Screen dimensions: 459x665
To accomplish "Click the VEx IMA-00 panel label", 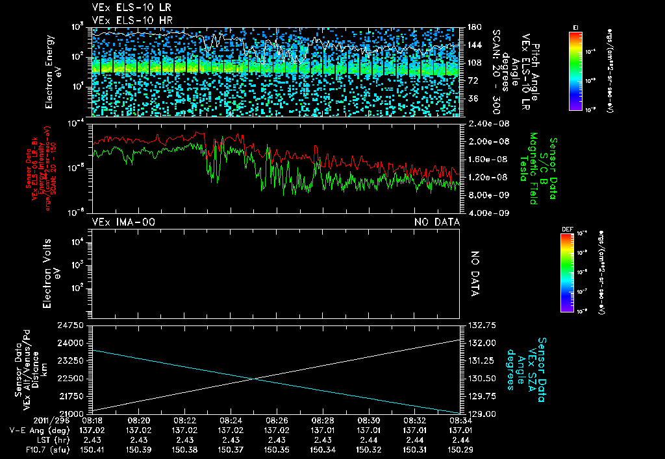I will coord(123,222).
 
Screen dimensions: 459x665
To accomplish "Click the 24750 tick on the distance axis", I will coord(72,325).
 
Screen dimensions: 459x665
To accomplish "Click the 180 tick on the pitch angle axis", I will coord(473,27).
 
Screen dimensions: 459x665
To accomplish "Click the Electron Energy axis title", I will coord(51,73).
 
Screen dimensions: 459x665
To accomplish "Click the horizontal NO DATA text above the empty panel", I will coord(437,222).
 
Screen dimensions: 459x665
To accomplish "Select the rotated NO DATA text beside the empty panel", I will coord(474,273).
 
